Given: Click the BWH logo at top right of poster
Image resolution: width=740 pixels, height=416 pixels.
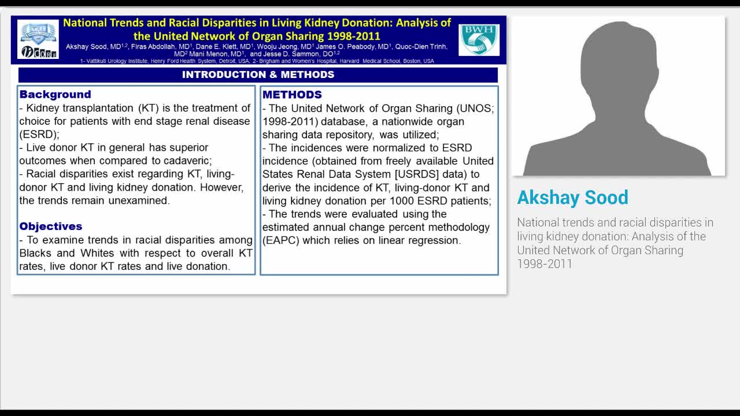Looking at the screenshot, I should click(x=479, y=39).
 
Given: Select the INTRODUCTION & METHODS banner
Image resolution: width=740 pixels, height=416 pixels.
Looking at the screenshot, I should click(x=258, y=75).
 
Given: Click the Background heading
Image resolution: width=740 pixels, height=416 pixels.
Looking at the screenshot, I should click(x=55, y=94).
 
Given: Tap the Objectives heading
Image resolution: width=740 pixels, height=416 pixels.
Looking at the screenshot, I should click(x=51, y=226).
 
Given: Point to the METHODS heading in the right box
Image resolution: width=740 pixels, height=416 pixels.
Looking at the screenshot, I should click(x=292, y=94).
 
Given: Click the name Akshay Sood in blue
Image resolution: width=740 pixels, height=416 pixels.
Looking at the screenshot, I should click(x=572, y=198).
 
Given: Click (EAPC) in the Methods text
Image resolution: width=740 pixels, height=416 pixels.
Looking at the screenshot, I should click(x=281, y=240).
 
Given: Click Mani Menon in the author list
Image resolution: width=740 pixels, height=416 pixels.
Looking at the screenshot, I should click(x=209, y=54).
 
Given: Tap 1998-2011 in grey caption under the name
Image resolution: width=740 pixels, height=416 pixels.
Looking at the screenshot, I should click(x=545, y=264).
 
